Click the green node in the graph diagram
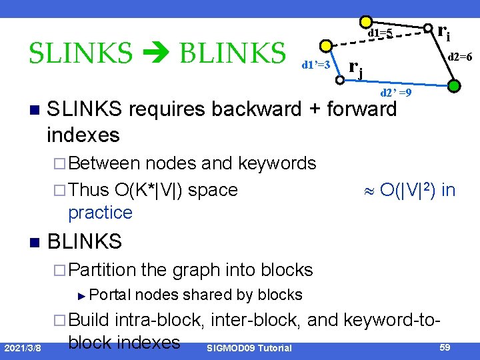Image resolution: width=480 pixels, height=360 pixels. coord(453,86)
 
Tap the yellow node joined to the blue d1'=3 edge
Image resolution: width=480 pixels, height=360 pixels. coord(326,47)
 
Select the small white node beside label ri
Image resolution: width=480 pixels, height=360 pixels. coord(428,29)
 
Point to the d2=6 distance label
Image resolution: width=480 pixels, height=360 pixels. coord(460,57)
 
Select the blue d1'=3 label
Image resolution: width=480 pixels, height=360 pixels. coord(316,65)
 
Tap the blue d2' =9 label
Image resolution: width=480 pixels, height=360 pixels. coord(395,93)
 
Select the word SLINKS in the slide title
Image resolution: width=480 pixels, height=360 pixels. coord(81,51)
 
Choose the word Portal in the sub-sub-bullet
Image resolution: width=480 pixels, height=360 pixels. coord(110,295)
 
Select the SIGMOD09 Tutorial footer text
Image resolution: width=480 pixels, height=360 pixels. coord(249,349)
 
